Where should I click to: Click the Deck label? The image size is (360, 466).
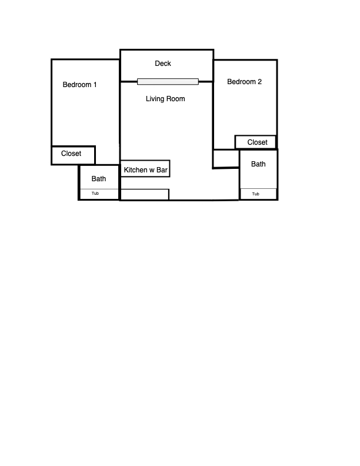click(163, 64)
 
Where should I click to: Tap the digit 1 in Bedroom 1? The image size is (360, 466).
click(95, 85)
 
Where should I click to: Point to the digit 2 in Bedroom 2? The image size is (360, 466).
click(259, 82)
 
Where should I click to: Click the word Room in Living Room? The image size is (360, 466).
click(175, 99)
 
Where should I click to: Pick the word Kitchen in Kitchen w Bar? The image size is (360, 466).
click(135, 170)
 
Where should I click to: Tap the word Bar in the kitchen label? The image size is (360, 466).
click(162, 170)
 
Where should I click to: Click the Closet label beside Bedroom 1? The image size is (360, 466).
click(71, 154)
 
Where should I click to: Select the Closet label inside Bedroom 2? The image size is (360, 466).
click(257, 142)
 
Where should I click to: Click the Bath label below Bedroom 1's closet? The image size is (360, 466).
click(99, 179)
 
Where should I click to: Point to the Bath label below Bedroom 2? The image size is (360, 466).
click(258, 164)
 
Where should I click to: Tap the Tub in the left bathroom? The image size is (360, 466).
click(95, 193)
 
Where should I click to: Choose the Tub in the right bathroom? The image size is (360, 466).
click(255, 194)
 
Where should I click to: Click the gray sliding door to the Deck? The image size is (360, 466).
click(168, 81)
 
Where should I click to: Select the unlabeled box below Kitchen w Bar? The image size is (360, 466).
click(145, 194)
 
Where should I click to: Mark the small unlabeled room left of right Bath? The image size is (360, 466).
click(226, 159)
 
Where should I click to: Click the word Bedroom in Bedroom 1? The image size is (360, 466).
click(77, 85)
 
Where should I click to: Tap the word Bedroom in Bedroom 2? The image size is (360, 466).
click(242, 82)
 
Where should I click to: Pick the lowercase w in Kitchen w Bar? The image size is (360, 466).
click(152, 171)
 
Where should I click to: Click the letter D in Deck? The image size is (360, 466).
click(157, 64)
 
